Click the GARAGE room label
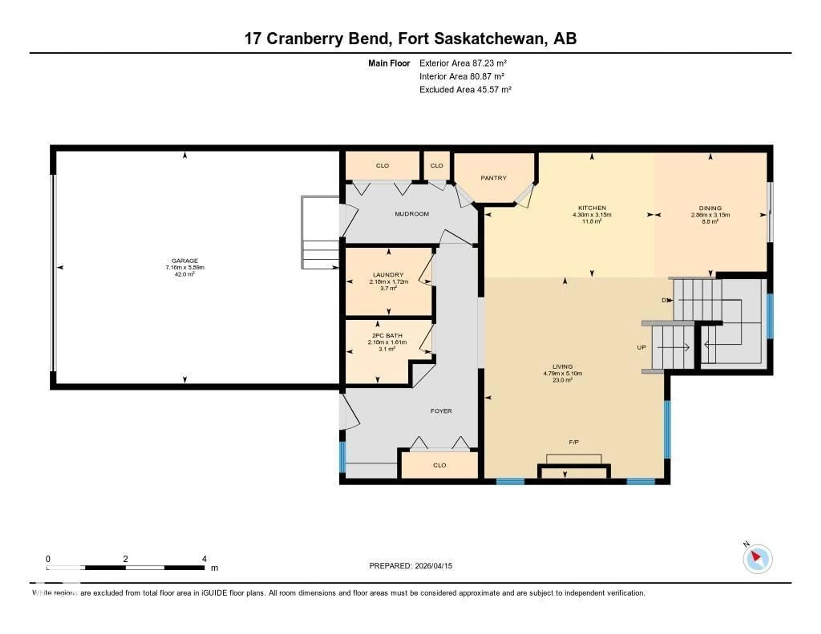point(185,260)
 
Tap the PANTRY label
point(494,178)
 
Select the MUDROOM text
point(412,214)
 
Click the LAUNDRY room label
point(388,275)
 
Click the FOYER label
point(441,411)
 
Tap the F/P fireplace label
point(574,442)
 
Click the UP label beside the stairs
point(641,347)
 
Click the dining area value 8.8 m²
point(710,222)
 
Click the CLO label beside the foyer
point(439,465)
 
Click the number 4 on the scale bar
point(204,559)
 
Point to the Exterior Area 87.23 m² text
point(463,63)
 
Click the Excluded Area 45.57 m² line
point(465,89)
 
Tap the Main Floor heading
point(389,63)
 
